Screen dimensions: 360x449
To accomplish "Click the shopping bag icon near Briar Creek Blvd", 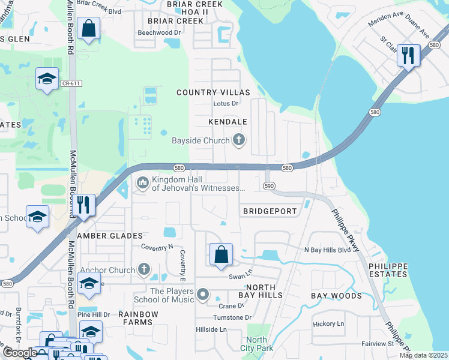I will (x=88, y=28).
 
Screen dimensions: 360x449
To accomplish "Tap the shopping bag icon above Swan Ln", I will (x=221, y=254).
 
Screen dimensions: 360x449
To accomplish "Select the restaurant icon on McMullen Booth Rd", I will (x=83, y=205).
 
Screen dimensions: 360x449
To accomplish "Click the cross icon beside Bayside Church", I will (x=239, y=141).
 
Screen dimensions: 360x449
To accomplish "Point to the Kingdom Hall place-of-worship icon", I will (x=143, y=182).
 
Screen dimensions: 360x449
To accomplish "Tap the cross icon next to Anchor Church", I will (x=144, y=270).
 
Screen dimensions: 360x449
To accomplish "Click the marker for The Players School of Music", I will (x=203, y=295).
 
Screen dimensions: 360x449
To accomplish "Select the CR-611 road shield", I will (x=71, y=83).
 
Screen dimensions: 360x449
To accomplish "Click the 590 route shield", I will (x=270, y=187).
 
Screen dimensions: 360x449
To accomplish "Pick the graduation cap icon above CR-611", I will (x=47, y=79).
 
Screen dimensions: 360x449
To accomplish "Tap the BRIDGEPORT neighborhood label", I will (x=270, y=212).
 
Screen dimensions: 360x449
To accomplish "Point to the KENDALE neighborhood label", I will (x=228, y=122).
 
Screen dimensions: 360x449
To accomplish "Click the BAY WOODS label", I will (x=336, y=296).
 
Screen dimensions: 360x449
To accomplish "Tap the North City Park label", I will (x=256, y=344).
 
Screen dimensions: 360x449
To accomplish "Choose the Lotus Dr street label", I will (x=226, y=104).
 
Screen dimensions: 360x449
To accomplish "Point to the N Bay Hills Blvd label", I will (x=327, y=250).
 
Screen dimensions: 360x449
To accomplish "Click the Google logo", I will (x=20, y=353).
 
